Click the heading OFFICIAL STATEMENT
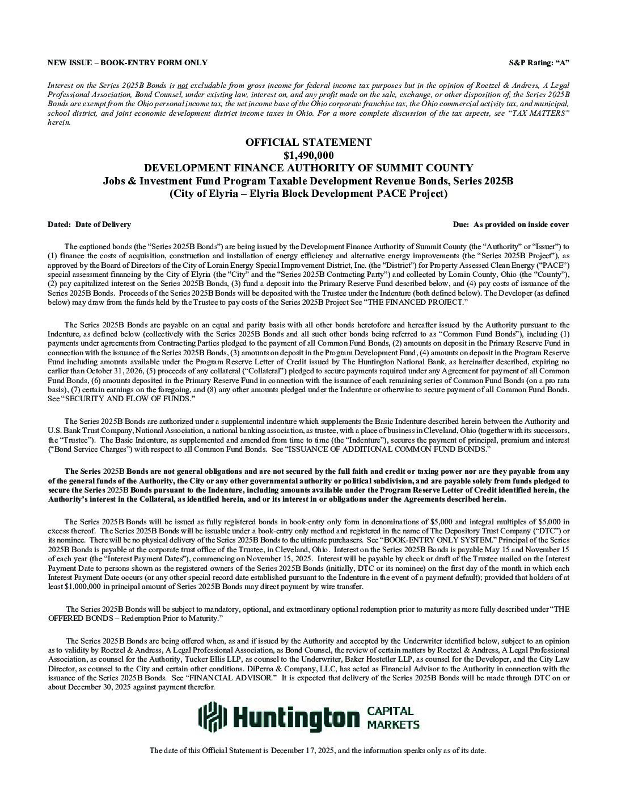click(308, 142)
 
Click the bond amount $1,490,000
click(308, 155)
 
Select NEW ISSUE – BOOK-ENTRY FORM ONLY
click(127, 62)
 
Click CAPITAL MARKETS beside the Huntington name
click(394, 717)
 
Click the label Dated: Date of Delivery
click(89, 224)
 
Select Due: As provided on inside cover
click(511, 224)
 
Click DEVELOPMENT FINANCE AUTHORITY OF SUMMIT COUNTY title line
click(308, 168)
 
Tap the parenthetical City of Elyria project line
click(308, 194)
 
